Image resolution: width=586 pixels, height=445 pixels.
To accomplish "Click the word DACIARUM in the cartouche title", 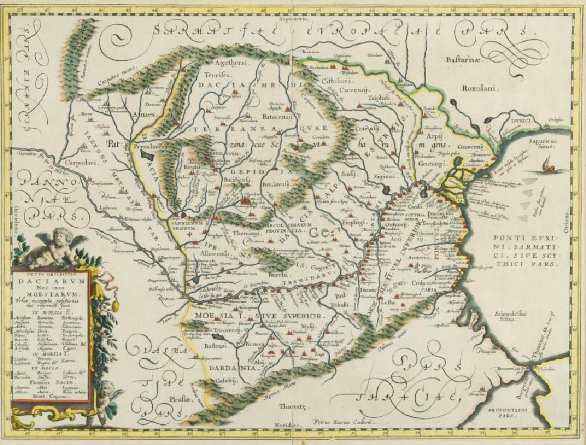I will point(53,277).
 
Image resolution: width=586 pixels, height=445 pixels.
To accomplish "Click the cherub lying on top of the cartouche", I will point(53,248).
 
